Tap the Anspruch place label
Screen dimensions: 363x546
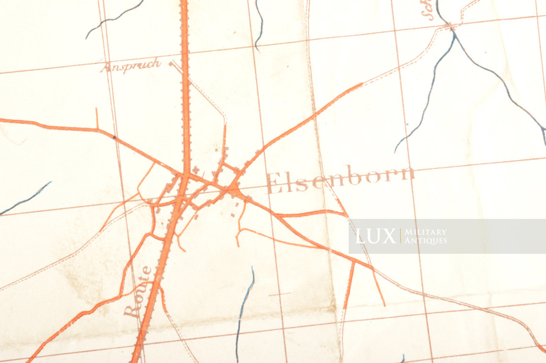[130, 66]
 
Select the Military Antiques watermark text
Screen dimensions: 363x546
[425, 236]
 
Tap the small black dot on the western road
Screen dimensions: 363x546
[114, 137]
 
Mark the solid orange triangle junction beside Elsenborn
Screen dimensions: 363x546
[234, 190]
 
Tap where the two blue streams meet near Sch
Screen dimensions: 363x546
[453, 30]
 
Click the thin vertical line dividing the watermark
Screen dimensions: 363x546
[400, 236]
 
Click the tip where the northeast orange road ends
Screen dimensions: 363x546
[362, 84]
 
